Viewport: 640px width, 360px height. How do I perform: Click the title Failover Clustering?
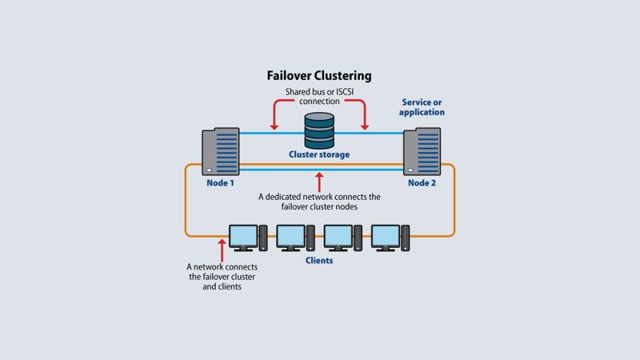[x=319, y=77]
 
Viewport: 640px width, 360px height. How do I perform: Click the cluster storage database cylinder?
[x=319, y=129]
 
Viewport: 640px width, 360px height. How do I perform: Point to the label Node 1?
[x=220, y=183]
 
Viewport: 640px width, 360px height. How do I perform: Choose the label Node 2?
[x=421, y=183]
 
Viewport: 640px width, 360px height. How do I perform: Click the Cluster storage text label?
[x=319, y=154]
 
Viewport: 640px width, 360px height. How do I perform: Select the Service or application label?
[x=422, y=107]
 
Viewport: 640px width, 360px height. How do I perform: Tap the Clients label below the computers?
[x=319, y=261]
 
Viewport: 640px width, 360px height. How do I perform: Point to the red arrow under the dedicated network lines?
[x=319, y=178]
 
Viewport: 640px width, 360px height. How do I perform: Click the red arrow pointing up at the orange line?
[x=222, y=246]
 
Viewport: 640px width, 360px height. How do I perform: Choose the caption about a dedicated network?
[x=319, y=202]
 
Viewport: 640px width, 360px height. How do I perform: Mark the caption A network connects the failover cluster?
[x=222, y=277]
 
